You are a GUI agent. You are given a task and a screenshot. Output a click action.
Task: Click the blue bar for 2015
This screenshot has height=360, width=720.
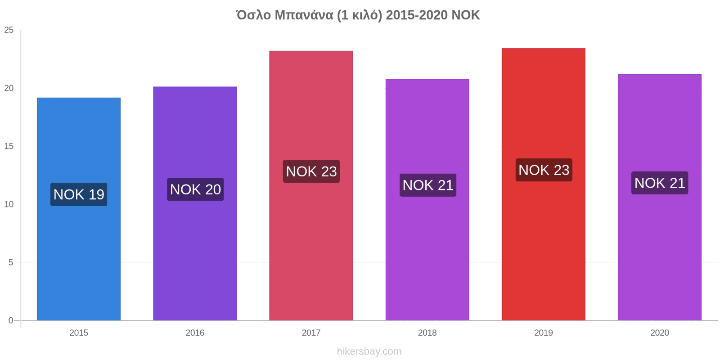point(79,209)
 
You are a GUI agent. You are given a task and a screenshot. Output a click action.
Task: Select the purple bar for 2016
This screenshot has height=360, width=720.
point(195,203)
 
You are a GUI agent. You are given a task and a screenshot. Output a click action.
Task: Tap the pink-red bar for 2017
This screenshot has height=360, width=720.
point(311,185)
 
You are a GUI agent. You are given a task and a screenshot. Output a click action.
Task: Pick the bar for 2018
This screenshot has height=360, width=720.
point(427,200)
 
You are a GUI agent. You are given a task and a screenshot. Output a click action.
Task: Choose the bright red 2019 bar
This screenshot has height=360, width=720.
point(544,184)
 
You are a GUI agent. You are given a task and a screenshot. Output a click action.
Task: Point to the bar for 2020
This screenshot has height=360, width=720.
point(660,198)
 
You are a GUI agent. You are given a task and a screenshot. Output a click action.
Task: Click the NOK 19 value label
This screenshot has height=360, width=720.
point(79,194)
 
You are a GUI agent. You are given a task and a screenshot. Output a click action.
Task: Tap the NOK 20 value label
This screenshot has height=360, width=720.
point(195,189)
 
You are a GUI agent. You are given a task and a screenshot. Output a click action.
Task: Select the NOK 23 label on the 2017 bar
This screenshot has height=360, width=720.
point(311,171)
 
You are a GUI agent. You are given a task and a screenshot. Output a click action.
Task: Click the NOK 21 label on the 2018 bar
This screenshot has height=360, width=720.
point(428,185)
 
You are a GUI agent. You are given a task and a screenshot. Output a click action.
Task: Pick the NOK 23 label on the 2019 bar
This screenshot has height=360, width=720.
point(544,170)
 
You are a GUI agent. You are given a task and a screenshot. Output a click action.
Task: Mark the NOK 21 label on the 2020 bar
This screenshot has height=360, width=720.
point(660,183)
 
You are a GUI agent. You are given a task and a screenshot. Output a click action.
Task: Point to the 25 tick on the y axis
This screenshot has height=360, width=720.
point(9,30)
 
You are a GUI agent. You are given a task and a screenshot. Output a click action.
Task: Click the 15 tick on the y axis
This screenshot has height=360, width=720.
point(9,146)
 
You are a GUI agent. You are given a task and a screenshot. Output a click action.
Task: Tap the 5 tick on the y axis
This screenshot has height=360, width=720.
point(11,263)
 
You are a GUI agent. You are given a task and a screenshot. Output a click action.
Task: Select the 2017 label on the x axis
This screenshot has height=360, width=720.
point(311,333)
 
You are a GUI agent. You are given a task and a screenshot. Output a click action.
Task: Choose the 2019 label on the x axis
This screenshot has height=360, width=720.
point(544,333)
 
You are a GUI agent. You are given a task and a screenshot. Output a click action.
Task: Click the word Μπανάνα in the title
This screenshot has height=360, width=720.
point(304,15)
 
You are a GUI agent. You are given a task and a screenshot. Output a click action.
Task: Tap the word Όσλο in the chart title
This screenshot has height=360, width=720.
point(254,15)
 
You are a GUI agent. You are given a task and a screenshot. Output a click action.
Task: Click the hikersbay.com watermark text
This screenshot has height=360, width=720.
point(369,351)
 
